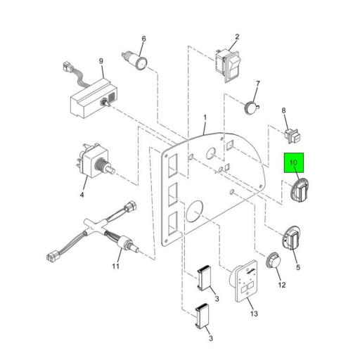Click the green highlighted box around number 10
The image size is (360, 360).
point(294,162)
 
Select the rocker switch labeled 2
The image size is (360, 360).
point(228,65)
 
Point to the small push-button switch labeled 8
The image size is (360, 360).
point(292,136)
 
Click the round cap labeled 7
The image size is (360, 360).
point(252,107)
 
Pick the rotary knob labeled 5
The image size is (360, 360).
point(292,238)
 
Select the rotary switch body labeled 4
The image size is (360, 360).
point(95,160)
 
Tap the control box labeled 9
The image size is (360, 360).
point(94,98)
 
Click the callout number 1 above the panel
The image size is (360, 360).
point(205,117)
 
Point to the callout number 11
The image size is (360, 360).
point(115,266)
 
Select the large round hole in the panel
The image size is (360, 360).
point(194,211)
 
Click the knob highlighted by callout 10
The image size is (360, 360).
point(300,190)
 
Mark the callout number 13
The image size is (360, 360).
point(254,314)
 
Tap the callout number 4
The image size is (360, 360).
point(82,194)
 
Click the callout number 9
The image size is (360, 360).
point(101,61)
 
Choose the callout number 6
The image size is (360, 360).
point(143,39)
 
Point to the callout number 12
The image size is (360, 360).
point(282,285)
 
